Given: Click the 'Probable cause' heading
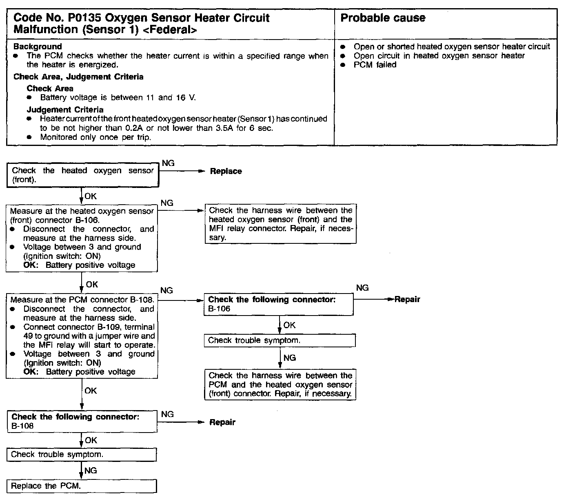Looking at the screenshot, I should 382,18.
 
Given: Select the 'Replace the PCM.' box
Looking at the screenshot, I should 82,486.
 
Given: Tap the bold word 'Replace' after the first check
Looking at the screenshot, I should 226,172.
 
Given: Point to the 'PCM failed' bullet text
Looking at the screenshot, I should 375,65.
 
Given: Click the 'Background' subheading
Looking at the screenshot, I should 38,47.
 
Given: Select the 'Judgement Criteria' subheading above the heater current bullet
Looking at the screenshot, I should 65,110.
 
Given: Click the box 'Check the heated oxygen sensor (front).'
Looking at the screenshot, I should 83,175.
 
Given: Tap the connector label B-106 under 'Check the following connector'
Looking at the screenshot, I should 219,309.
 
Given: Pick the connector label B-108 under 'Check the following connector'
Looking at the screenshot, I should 22,426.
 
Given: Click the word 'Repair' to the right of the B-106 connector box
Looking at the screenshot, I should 407,300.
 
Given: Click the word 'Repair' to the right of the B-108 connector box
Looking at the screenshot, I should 222,422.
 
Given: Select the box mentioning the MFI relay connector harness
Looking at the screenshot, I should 280,224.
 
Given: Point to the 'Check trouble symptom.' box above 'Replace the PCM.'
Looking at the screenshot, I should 82,455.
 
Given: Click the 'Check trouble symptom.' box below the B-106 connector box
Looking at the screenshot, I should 280,340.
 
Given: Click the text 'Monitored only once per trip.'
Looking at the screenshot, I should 95,137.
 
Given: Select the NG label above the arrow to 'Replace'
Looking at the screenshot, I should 168,163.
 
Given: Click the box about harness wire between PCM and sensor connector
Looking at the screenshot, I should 280,384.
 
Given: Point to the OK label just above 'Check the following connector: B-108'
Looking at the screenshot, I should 91,391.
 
